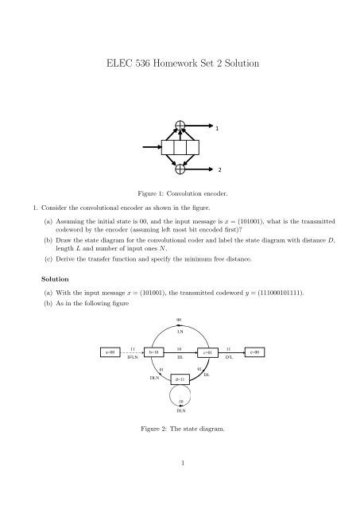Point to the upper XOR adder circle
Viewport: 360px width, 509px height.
pyautogui.click(x=181, y=126)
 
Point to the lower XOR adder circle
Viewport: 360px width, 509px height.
pyautogui.click(x=181, y=169)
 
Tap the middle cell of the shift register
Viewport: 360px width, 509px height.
pyautogui.click(x=180, y=148)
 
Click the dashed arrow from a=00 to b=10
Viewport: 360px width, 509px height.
pyautogui.click(x=134, y=352)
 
